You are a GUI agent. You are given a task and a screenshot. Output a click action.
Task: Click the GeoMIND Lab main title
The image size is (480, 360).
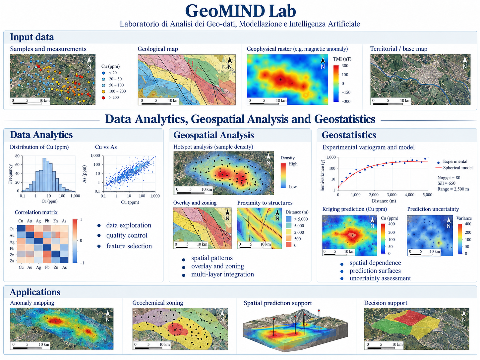241,11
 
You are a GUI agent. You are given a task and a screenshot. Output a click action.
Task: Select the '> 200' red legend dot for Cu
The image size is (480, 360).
103,97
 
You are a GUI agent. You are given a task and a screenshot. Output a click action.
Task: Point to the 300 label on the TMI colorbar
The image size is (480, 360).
345,66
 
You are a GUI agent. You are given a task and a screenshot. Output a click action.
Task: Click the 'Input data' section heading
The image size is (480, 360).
32,37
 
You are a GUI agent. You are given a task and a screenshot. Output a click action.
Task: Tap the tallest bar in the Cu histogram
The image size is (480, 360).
44,175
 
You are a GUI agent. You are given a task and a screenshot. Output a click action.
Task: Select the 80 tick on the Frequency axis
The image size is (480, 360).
17,156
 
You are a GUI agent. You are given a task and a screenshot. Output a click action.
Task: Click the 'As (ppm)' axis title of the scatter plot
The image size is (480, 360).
85,174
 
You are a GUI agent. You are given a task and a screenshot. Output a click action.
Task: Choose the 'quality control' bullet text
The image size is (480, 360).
127,235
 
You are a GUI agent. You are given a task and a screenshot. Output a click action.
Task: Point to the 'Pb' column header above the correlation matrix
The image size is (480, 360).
47,221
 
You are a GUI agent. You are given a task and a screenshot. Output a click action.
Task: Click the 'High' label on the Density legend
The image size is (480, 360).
293,164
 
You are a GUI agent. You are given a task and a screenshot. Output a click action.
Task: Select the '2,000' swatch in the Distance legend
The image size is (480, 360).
289,232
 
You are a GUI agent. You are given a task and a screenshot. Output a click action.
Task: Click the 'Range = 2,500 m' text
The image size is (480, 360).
453,189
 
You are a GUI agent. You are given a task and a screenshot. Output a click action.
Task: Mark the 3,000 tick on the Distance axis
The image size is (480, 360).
391,195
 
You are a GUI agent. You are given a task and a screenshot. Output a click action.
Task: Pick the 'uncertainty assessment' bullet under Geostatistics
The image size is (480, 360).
380,278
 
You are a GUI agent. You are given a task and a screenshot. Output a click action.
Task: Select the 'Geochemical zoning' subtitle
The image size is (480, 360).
158,303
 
